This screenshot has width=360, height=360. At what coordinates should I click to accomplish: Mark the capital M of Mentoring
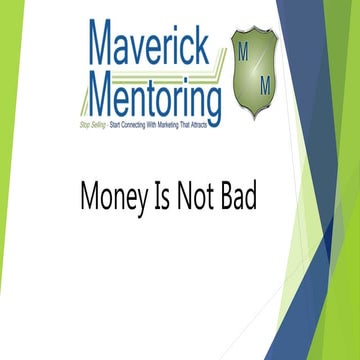(x=103, y=98)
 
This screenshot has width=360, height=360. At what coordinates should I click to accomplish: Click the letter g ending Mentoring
(x=213, y=102)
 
